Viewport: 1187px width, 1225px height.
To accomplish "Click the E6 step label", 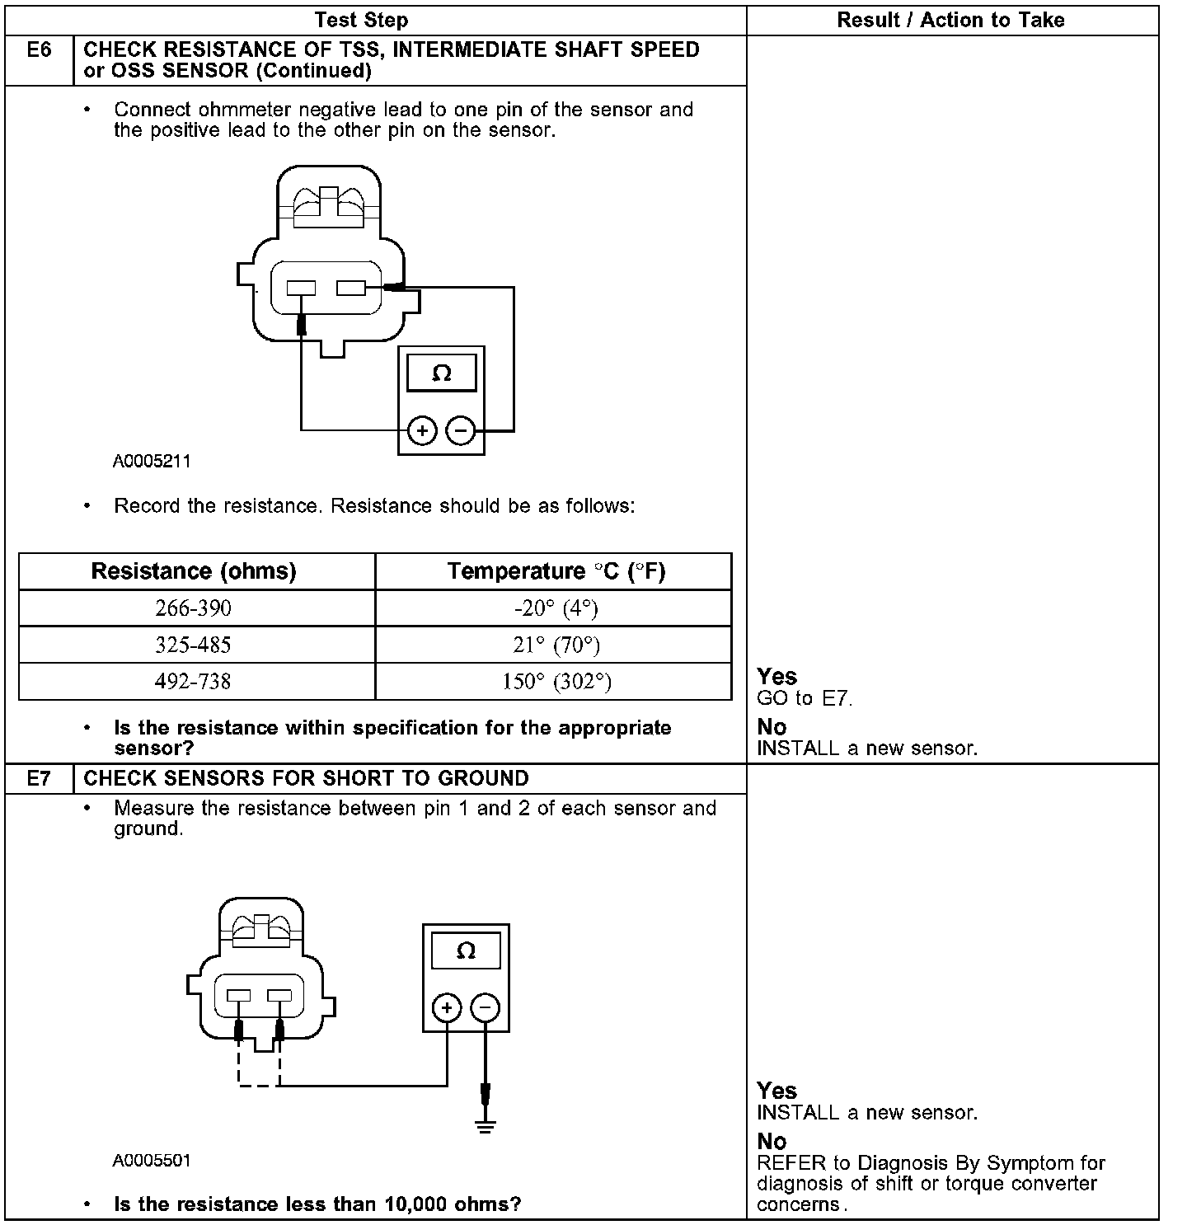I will (x=39, y=51).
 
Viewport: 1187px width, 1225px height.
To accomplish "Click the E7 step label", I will (x=39, y=778).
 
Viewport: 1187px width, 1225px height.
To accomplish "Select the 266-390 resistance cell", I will (x=194, y=608).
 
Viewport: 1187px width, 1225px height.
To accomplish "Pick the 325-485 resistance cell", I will (x=194, y=645).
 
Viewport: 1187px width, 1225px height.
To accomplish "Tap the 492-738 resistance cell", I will (x=194, y=682).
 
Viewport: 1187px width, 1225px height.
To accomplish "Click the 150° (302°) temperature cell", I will (x=556, y=682).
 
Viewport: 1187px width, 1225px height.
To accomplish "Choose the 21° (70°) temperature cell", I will (x=556, y=645).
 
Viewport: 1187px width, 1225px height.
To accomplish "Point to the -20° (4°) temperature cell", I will (x=556, y=608).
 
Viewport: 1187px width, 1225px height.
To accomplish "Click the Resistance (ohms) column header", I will (x=194, y=571).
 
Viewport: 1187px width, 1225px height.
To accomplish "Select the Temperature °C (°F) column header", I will (x=556, y=571).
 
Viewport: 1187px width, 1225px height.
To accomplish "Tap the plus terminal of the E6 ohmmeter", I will (x=422, y=430).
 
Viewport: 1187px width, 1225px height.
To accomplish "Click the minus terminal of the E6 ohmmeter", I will (x=461, y=430).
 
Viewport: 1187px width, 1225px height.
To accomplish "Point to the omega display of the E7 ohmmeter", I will (x=466, y=951).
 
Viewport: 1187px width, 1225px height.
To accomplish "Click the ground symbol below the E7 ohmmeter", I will (x=486, y=1126).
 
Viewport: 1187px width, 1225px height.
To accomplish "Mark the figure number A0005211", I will (x=152, y=462).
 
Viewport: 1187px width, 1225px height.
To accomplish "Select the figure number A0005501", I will (x=152, y=1161).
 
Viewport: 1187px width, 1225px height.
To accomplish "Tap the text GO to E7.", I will (x=805, y=699).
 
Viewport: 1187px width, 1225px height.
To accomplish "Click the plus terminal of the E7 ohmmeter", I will (x=447, y=1007).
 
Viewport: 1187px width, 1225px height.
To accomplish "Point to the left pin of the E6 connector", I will (x=301, y=289).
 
